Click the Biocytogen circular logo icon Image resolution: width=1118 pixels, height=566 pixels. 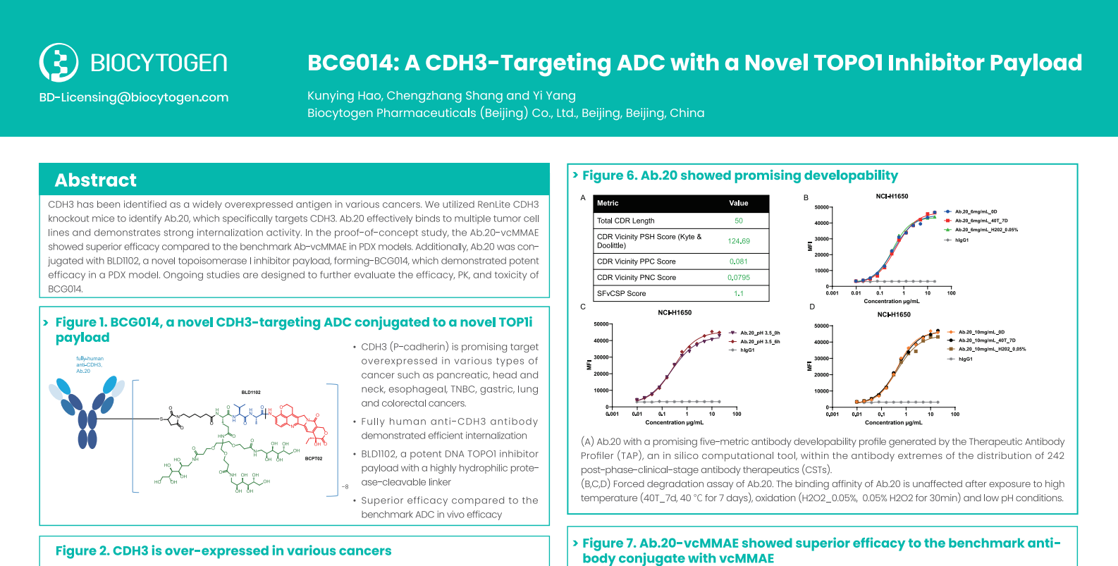[x=59, y=63]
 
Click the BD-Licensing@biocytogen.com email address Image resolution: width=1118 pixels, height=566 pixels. [x=134, y=97]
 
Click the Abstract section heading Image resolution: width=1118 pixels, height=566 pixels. [x=96, y=180]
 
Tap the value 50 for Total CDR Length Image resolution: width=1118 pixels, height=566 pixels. [x=738, y=221]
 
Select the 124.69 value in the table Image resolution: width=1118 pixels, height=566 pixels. [x=738, y=241]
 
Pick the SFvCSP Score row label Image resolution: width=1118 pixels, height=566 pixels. [x=621, y=293]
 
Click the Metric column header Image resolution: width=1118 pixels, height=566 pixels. [x=608, y=203]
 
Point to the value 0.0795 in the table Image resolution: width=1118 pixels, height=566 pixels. [x=738, y=278]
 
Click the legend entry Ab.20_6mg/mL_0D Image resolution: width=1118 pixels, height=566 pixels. [x=976, y=211]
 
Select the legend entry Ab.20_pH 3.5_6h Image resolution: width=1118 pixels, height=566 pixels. [x=760, y=341]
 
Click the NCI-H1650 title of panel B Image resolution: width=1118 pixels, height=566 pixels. [x=892, y=197]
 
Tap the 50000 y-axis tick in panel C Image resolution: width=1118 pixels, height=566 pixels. [x=601, y=324]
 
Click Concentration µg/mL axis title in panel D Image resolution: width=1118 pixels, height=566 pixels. [x=893, y=423]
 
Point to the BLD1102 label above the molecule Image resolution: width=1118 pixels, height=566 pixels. [x=251, y=392]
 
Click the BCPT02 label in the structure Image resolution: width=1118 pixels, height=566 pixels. [x=314, y=458]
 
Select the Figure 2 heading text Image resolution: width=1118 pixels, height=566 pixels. [x=223, y=550]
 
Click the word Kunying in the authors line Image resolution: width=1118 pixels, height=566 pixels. [x=331, y=96]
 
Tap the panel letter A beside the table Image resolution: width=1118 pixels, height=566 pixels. [x=583, y=198]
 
